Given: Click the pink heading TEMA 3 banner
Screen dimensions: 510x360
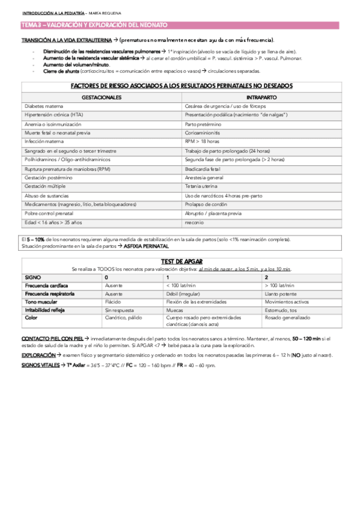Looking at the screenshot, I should click(x=94, y=25).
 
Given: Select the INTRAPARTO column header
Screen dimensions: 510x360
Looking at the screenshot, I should click(x=261, y=97).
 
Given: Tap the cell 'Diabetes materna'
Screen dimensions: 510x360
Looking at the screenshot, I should click(x=43, y=105).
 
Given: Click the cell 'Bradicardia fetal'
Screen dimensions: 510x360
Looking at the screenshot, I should click(x=203, y=168).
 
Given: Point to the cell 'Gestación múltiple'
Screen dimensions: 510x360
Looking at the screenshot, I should click(x=44, y=186).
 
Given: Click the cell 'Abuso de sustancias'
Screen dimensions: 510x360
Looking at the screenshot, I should click(x=46, y=195).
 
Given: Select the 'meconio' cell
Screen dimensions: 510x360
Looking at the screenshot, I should click(x=195, y=223).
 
